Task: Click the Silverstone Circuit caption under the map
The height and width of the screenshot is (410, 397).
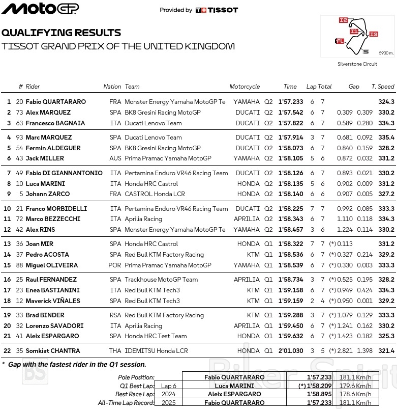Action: [357, 64]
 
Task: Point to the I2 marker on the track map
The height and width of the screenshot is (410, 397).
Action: [344, 20]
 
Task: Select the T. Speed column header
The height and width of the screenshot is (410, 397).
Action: [382, 87]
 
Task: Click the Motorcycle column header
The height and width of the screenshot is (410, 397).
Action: [244, 87]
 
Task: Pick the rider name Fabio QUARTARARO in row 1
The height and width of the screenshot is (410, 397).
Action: [55, 102]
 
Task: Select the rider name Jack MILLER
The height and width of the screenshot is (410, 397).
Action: [45, 158]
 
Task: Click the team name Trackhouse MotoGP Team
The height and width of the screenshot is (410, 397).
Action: [161, 280]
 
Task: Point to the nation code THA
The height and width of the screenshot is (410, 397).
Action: [115, 350]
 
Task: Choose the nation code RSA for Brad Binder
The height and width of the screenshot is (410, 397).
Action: [115, 315]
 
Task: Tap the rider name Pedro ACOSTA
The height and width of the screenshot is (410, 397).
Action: [47, 255]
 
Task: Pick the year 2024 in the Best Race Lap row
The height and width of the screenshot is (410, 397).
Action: [169, 394]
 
